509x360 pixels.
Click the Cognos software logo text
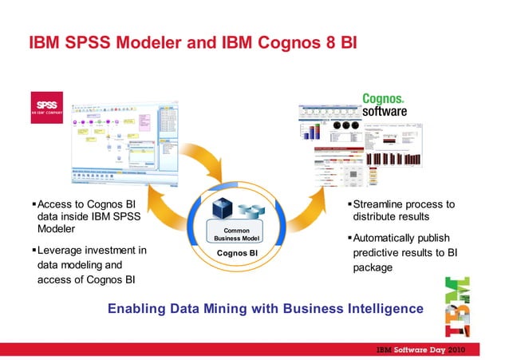click(x=385, y=105)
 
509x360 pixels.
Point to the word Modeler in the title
click(x=156, y=42)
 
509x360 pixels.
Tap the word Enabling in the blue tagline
click(x=139, y=309)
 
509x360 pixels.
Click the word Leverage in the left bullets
click(x=65, y=250)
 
